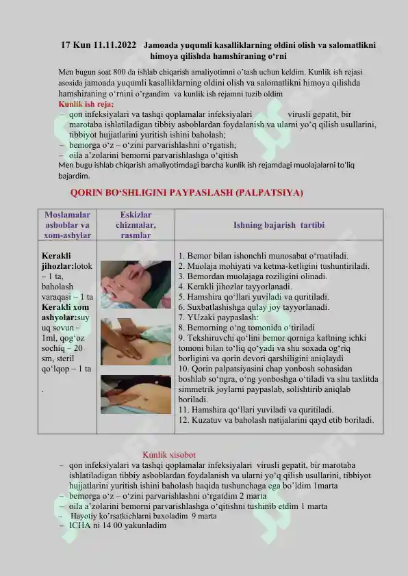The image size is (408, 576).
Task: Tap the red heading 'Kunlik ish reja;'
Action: pyautogui.click(x=86, y=104)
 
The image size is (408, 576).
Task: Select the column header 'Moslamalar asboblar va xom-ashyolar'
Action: pyautogui.click(x=67, y=224)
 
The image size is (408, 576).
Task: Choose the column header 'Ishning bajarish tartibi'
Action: pyautogui.click(x=279, y=224)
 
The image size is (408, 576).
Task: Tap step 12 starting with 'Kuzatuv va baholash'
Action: pyautogui.click(x=275, y=419)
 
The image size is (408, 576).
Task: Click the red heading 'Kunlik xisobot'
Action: pyautogui.click(x=169, y=454)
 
